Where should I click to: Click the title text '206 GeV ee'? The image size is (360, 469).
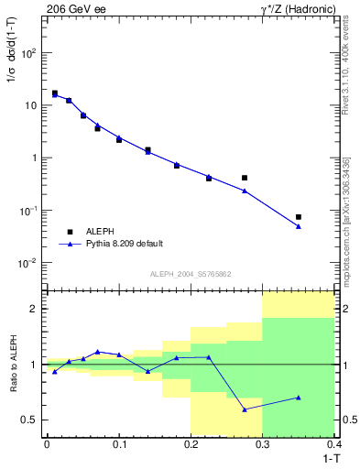pos(72,8)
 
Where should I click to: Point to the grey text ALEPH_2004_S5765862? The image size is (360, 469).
pos(190,274)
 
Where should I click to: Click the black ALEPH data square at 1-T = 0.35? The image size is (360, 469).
pos(299,217)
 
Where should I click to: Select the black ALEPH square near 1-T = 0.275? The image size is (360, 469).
pos(245,178)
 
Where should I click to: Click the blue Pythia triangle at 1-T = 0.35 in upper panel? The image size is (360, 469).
pos(299,226)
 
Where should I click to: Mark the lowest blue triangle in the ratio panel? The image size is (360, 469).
pos(245,409)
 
